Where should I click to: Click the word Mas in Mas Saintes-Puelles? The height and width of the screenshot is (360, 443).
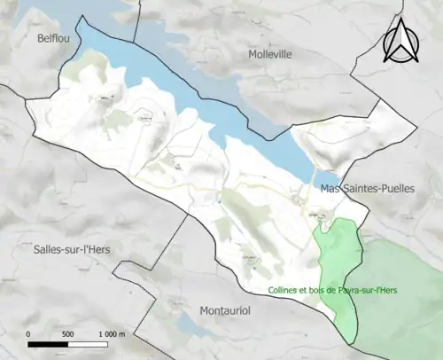pos(330,189)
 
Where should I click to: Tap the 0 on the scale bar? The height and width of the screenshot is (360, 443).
pos(28,333)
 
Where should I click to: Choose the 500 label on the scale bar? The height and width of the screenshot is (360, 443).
pos(67,333)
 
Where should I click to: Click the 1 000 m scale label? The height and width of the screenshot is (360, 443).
pos(112,333)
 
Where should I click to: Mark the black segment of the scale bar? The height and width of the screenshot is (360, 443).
pos(48,342)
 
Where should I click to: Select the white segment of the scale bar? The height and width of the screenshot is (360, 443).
pos(89,342)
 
